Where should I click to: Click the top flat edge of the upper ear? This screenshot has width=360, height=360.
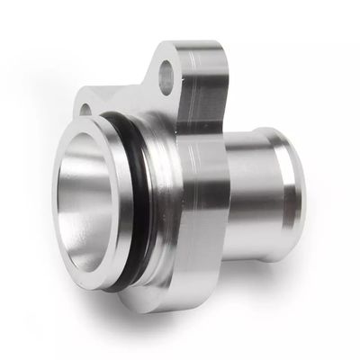(x=193, y=45)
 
